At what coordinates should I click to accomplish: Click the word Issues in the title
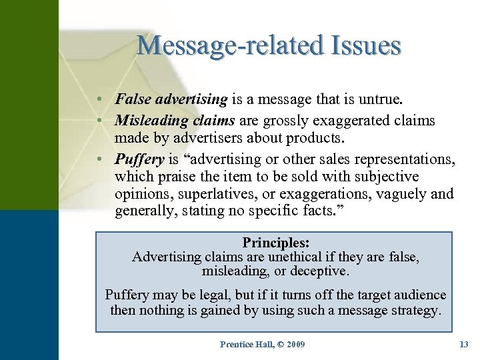click(x=365, y=45)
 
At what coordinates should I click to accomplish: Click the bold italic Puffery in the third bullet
click(x=139, y=159)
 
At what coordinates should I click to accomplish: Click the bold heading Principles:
click(x=274, y=243)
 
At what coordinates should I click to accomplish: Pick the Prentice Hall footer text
click(x=246, y=344)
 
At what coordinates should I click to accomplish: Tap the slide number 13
click(x=464, y=344)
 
